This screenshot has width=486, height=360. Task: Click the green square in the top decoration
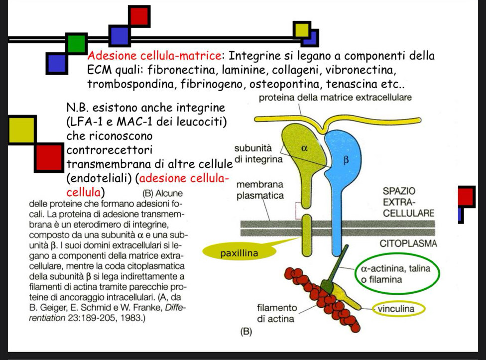(x=77, y=44)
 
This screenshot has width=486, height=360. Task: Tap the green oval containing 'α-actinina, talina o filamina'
(x=399, y=274)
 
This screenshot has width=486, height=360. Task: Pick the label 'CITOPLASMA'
(x=408, y=244)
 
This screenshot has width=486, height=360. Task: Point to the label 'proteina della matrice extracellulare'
(x=336, y=98)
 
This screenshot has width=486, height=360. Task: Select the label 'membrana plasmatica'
(x=259, y=190)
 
